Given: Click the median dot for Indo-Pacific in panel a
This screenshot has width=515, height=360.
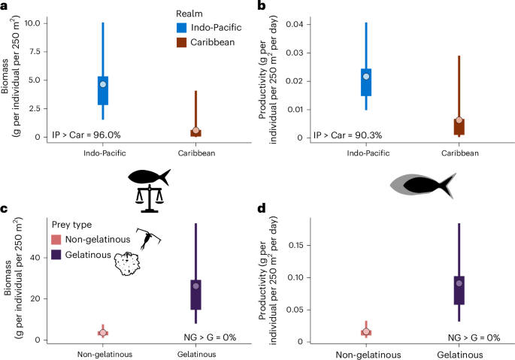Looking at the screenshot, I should (103, 84).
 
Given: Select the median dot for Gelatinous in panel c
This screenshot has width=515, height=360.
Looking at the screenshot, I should (195, 286).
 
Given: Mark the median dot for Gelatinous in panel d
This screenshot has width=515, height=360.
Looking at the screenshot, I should (459, 283).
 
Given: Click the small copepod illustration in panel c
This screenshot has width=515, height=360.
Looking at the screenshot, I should (149, 237).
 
